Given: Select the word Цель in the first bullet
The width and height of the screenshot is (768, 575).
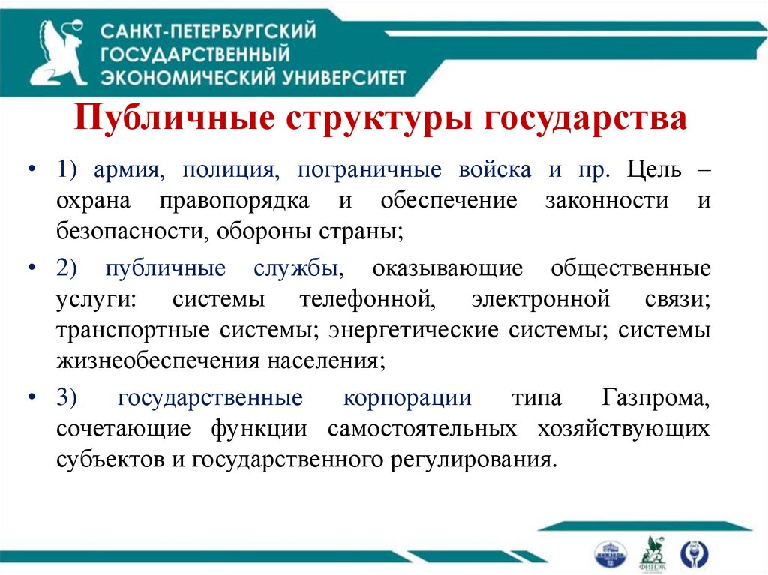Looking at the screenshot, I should (655, 169).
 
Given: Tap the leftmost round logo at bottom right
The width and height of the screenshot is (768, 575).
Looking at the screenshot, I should (609, 553).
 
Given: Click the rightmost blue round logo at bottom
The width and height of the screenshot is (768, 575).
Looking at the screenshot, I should (693, 553).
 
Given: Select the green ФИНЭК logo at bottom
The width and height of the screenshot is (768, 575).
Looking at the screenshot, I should (650, 553).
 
